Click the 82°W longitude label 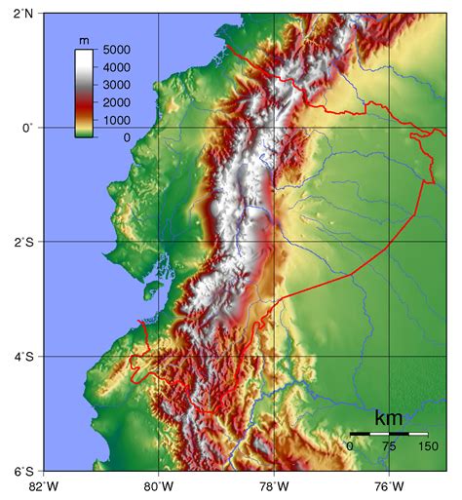point(44,487)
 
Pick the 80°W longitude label point(159,487)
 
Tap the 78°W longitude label point(274,487)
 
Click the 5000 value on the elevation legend point(116,49)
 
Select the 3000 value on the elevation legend point(116,85)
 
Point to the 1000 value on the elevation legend point(116,120)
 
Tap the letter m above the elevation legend point(84,39)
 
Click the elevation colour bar point(84,93)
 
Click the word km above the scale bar point(389,418)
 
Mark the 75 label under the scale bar point(388,446)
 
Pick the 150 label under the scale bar point(427,446)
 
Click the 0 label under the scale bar point(350,446)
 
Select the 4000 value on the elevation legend point(116,67)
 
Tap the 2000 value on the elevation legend point(116,102)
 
